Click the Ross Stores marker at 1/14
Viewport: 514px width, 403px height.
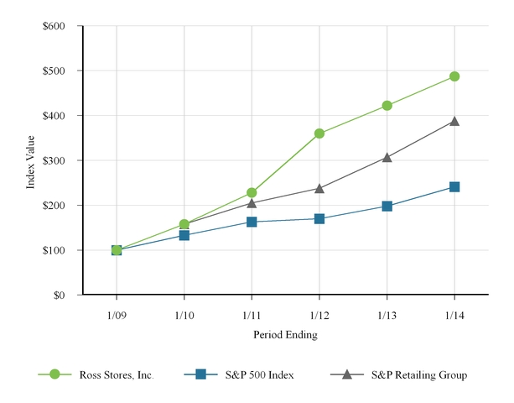click(454, 76)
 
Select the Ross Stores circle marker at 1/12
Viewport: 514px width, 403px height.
click(319, 133)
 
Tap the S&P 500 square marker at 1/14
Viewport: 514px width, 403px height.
click(454, 187)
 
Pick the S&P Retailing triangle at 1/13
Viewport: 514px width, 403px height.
click(387, 157)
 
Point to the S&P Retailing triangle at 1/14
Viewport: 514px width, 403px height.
click(454, 121)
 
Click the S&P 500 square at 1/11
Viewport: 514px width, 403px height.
click(252, 222)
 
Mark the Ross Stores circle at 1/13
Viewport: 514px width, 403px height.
click(387, 106)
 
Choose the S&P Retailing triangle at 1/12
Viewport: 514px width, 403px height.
click(319, 189)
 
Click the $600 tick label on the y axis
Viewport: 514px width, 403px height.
click(54, 26)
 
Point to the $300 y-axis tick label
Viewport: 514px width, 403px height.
click(54, 160)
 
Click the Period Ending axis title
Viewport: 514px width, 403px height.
click(285, 334)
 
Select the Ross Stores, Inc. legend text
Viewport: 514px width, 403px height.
click(117, 375)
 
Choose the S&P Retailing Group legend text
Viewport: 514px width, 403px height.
click(418, 375)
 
